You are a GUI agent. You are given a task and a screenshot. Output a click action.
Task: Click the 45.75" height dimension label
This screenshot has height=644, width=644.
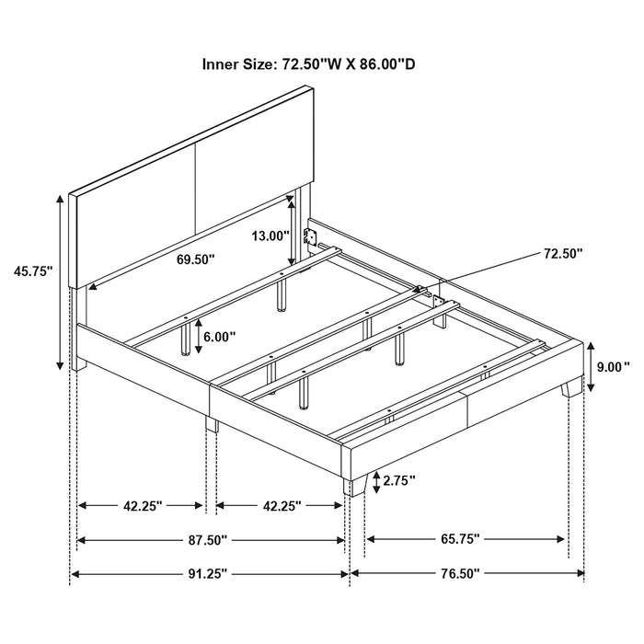[32, 270]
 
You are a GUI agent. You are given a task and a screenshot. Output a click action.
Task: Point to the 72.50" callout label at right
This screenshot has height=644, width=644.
[562, 254]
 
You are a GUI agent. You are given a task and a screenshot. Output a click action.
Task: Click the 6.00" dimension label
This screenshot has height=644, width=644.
[218, 338]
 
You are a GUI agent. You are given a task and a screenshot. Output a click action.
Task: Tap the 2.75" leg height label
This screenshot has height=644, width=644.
[398, 479]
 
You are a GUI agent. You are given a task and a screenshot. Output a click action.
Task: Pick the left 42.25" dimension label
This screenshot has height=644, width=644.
[142, 505]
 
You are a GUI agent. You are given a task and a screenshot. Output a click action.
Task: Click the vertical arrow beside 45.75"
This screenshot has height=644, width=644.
[62, 281]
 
